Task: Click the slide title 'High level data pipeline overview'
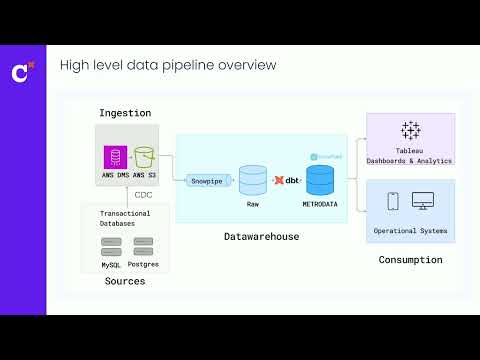coord(167,66)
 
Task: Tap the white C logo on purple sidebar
coord(19,72)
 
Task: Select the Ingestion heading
coord(125,112)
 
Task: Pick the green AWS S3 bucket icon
coord(144,158)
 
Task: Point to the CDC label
coord(144,196)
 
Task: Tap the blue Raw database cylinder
coord(253,180)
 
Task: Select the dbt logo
coord(286,180)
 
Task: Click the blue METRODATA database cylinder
coord(320,180)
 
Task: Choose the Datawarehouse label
coord(261,236)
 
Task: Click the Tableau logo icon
coord(410,130)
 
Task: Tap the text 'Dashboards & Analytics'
coord(410,160)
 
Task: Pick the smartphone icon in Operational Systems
coord(393,202)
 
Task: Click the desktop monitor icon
coord(422,202)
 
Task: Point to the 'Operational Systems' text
coord(410,231)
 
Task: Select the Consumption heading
coord(410,260)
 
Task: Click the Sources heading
coord(125,281)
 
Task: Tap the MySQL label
coord(111,264)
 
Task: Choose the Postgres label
coord(144,264)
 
